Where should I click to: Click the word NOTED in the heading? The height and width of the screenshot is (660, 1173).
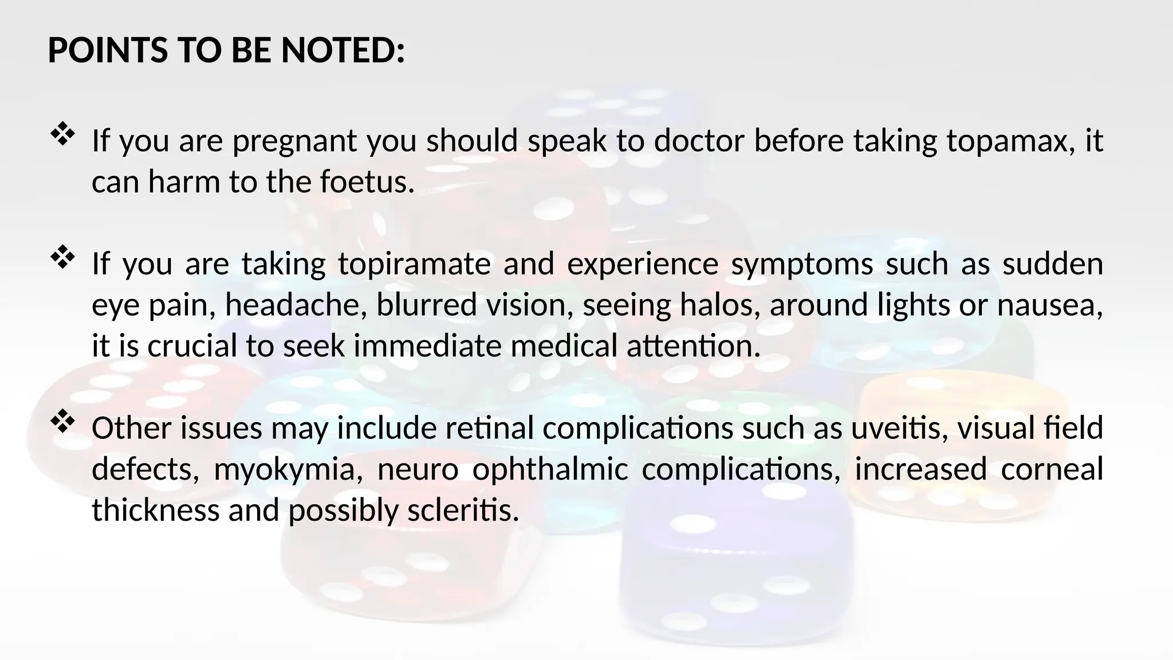(x=343, y=50)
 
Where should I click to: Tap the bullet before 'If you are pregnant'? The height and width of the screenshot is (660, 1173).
(x=63, y=135)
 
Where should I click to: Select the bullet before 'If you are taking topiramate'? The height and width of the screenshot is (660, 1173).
(x=63, y=258)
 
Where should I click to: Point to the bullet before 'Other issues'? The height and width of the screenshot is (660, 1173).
(x=63, y=423)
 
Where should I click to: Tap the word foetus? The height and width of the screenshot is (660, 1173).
(x=366, y=182)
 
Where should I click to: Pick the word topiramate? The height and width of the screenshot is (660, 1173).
(x=414, y=265)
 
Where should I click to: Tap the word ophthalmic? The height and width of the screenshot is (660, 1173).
(x=550, y=470)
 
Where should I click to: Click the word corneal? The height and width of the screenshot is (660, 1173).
(x=1052, y=470)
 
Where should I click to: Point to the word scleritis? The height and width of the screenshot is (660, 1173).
(x=463, y=510)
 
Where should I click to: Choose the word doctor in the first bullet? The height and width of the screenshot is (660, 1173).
(x=699, y=142)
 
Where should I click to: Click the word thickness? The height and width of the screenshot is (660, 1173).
(x=155, y=510)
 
